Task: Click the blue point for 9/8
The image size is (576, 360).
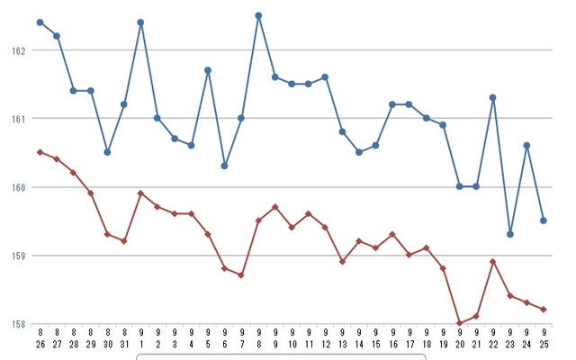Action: (x=258, y=15)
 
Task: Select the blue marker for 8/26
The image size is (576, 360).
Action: (x=40, y=22)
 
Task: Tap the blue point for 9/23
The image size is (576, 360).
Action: (x=510, y=234)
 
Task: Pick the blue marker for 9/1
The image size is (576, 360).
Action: (x=140, y=22)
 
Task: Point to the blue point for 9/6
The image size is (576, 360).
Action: (x=224, y=166)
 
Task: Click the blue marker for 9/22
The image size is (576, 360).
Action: (x=493, y=97)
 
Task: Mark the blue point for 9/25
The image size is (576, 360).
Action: (x=544, y=220)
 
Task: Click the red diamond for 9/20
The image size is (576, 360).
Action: (x=460, y=323)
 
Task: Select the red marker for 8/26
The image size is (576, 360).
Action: (x=40, y=152)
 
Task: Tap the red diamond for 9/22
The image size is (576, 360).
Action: (x=493, y=262)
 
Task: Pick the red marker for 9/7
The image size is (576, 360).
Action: (x=241, y=275)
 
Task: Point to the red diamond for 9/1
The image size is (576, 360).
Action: (x=140, y=193)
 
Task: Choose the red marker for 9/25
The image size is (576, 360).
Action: (x=544, y=310)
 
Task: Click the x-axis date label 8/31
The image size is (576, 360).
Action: (x=123, y=338)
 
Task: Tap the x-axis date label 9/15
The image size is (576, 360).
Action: (x=375, y=338)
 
